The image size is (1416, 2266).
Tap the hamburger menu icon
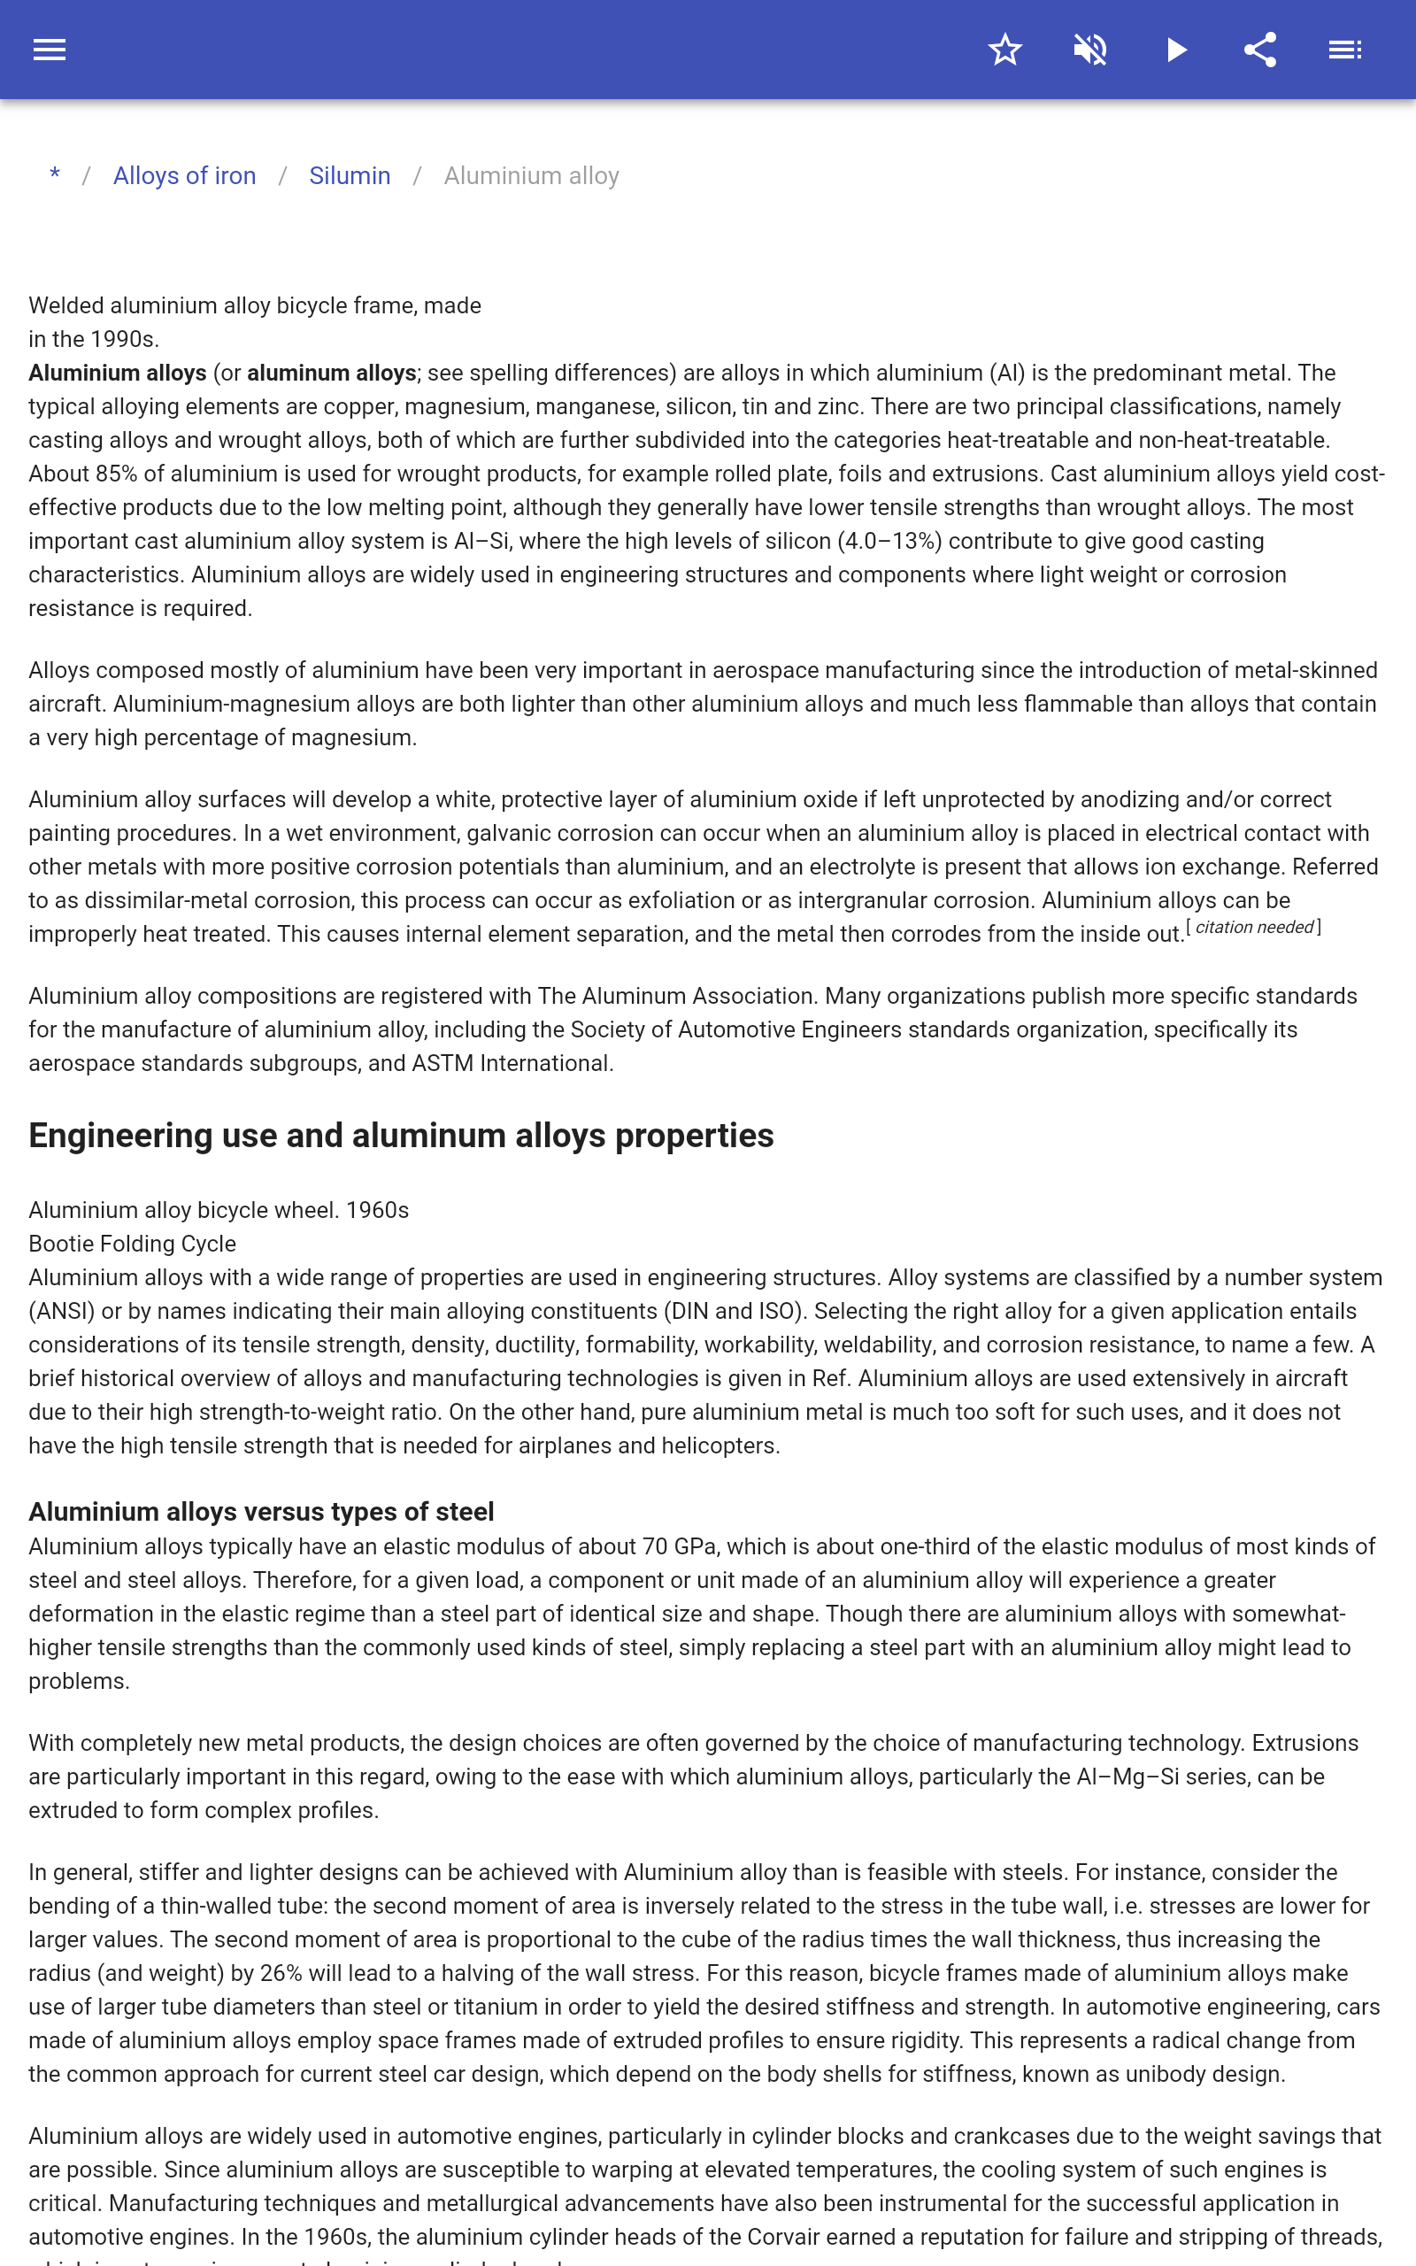click(x=50, y=50)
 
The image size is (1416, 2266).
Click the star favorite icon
click(x=1004, y=50)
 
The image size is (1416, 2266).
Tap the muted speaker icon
click(x=1090, y=50)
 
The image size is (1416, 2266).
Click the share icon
click(x=1260, y=50)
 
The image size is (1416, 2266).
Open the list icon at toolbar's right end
click(x=1345, y=50)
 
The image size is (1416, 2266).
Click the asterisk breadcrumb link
click(x=55, y=175)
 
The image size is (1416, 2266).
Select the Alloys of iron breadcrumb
click(x=184, y=176)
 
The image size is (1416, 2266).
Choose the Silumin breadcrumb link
click(x=350, y=176)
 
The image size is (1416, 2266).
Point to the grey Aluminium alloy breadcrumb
click(x=531, y=176)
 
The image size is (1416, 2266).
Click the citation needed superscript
click(x=1254, y=927)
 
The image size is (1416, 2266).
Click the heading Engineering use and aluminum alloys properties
click(x=401, y=1135)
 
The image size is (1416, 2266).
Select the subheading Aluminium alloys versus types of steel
click(x=261, y=1511)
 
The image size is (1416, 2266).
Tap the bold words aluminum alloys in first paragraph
click(x=332, y=373)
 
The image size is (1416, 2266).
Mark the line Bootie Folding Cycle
click(x=132, y=1244)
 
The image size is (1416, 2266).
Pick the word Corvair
click(x=784, y=2237)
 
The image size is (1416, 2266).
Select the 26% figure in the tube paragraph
click(x=281, y=1973)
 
